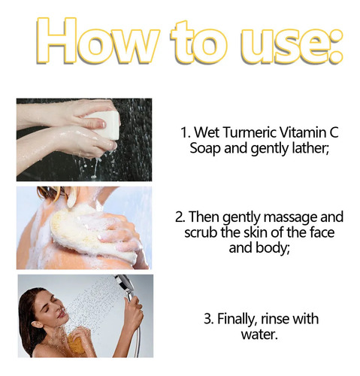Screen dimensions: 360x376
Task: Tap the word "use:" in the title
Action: (x=291, y=44)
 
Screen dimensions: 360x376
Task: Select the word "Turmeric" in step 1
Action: (x=250, y=132)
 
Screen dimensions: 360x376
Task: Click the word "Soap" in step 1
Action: (x=205, y=148)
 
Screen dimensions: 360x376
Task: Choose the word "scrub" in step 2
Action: (x=201, y=232)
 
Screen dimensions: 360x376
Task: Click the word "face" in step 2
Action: (x=322, y=232)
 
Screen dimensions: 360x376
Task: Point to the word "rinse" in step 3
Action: (x=275, y=319)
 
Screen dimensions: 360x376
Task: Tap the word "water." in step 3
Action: (x=259, y=335)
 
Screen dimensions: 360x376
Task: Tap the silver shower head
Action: (x=125, y=284)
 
